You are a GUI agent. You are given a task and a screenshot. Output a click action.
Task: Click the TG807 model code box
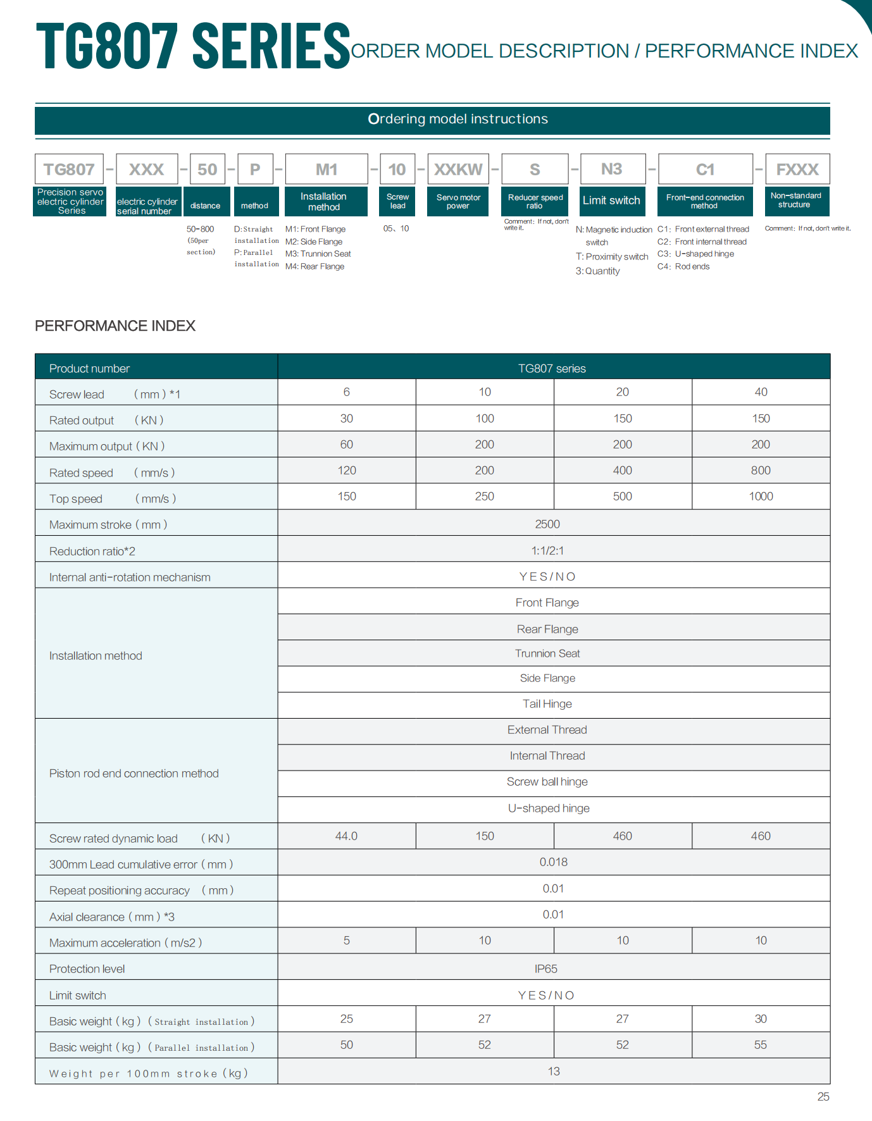point(69,170)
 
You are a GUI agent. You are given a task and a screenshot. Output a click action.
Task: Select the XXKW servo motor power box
point(458,170)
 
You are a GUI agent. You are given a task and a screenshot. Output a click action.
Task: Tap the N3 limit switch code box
point(612,169)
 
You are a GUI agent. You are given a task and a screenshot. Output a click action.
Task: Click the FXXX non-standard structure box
point(797,170)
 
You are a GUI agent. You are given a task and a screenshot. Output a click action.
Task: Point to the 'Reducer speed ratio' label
point(535,201)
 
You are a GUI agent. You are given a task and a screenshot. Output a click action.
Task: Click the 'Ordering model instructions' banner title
point(458,119)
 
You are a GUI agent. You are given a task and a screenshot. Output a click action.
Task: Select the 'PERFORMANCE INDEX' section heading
point(115,326)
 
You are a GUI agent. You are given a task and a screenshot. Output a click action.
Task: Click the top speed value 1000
point(761,497)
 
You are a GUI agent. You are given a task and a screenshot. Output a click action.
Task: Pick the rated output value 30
point(346,418)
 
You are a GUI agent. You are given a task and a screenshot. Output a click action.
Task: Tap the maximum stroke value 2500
point(547,524)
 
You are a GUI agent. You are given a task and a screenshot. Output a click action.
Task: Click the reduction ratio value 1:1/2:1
point(547,550)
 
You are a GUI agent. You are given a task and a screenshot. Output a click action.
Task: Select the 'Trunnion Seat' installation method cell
point(547,653)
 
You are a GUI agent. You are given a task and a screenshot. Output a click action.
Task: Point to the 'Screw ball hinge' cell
point(547,782)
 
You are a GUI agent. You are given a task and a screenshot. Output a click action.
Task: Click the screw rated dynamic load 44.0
point(346,836)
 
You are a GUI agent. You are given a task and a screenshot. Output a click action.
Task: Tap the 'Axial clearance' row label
point(112,917)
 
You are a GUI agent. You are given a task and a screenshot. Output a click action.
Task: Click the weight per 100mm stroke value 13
point(554,1071)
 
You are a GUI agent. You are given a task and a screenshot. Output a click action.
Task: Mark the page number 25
point(823,1097)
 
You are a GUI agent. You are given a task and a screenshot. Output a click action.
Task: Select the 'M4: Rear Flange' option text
point(315,266)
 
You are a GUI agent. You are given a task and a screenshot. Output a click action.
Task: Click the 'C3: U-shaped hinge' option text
point(695,254)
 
